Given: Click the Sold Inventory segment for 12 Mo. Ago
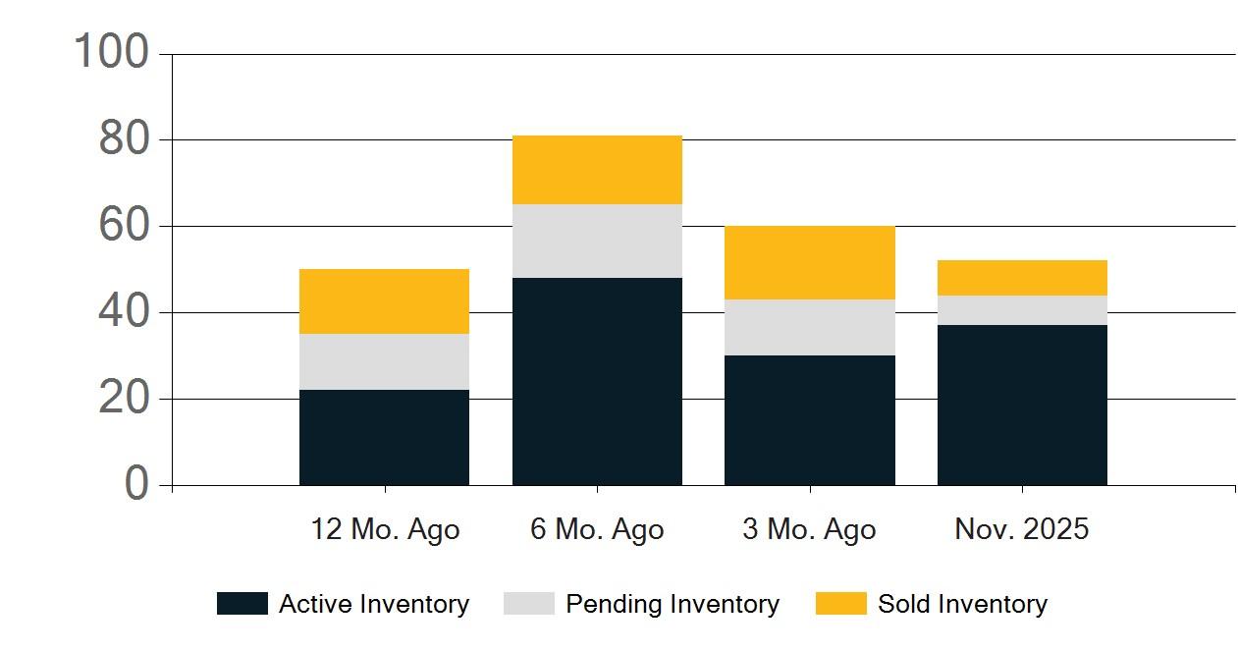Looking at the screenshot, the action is click(384, 301).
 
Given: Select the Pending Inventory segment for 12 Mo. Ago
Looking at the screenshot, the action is click(384, 361).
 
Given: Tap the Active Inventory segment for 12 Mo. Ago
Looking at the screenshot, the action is click(384, 437).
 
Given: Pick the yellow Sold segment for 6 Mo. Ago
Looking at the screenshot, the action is click(598, 170).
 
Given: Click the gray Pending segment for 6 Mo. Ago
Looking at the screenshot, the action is click(598, 241).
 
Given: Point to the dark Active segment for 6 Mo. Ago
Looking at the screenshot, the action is click(598, 381).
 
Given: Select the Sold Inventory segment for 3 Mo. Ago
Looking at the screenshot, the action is click(810, 263).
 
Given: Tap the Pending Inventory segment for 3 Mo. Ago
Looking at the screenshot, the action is click(810, 328).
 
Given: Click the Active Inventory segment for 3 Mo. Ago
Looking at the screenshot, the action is click(810, 420).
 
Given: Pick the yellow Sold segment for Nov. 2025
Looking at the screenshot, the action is click(1022, 278).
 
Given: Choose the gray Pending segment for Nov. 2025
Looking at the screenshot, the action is click(1022, 310).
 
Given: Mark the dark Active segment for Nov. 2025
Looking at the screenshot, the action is click(1022, 406).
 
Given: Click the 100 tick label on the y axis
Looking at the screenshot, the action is click(111, 51).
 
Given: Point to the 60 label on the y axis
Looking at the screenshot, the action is click(124, 225).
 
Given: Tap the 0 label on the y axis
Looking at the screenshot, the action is click(136, 482).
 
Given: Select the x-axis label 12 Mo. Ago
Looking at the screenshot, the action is click(385, 529).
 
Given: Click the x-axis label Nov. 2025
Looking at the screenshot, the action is click(1022, 528).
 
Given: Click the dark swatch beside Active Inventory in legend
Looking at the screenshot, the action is click(242, 603).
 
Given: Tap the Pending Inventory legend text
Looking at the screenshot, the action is click(673, 604).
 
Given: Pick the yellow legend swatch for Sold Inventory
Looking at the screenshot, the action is click(841, 603).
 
